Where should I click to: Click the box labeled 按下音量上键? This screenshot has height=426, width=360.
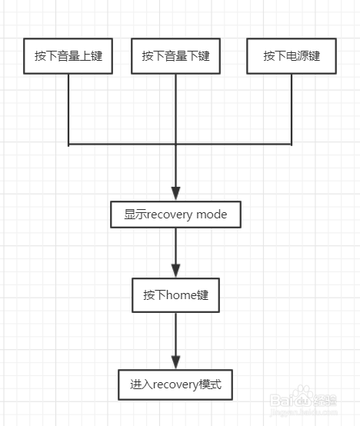pos(68,56)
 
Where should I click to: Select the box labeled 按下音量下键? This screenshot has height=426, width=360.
pos(175,56)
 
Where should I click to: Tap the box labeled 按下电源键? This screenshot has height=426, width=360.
pos(292,56)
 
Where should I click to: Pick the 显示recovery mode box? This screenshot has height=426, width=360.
pos(175,215)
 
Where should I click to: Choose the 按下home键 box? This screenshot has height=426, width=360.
pos(175,295)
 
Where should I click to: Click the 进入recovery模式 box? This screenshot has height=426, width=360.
pos(175,384)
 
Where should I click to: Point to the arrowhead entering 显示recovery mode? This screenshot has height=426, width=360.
pos(176,194)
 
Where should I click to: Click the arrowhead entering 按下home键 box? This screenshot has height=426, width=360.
pos(176,271)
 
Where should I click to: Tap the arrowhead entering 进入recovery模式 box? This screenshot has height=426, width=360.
pos(176,362)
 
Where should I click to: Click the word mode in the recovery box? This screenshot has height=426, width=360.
pos(212,215)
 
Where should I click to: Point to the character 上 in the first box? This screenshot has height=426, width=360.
pos(85,56)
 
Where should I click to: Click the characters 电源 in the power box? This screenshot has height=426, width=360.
pos(297,56)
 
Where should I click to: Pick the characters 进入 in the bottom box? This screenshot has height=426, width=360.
pos(142,384)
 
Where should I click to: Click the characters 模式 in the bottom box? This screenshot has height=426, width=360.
pos(210,384)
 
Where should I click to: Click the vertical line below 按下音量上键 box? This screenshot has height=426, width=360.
pos(68,110)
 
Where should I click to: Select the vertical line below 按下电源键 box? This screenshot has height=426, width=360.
pos(292,110)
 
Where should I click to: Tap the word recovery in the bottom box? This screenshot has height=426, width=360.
pos(176,385)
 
